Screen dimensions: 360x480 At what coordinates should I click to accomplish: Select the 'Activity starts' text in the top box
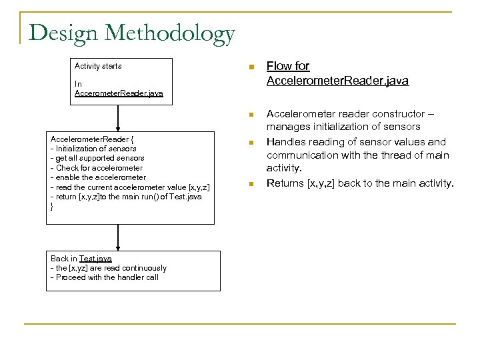click(98, 66)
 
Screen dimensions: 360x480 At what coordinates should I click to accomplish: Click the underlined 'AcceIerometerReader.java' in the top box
click(119, 94)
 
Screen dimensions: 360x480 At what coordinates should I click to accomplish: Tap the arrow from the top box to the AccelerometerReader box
click(118, 116)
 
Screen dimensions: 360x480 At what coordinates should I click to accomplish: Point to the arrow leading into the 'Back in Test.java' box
click(118, 237)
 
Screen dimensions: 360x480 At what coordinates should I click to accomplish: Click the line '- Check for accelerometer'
click(97, 168)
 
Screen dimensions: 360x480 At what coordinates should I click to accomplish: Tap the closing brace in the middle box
click(53, 207)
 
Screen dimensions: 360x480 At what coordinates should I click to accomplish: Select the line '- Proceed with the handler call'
click(105, 277)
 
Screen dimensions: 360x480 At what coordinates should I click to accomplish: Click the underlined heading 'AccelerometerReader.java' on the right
click(337, 81)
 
